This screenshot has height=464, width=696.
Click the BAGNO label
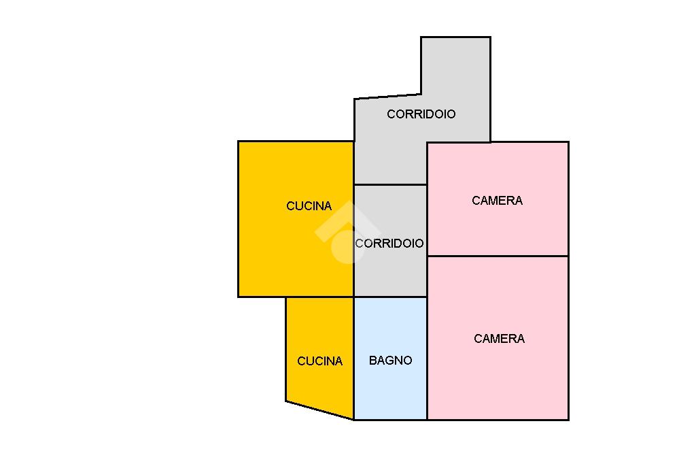tap(390, 361)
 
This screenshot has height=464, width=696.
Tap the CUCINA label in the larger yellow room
tap(309, 206)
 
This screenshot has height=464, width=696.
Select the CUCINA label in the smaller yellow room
tap(319, 361)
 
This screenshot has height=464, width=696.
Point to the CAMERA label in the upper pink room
tap(497, 201)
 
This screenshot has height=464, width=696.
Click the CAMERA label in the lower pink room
tap(499, 339)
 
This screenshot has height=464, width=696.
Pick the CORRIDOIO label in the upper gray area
tap(421, 114)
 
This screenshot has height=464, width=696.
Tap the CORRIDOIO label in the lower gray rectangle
tap(389, 244)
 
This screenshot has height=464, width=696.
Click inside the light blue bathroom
tap(390, 395)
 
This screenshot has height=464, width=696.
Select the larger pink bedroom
tap(498, 381)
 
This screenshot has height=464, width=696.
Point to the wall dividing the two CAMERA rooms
tap(498, 256)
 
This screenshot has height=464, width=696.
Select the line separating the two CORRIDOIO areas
tap(390, 184)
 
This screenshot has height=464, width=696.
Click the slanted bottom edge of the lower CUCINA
tap(319, 410)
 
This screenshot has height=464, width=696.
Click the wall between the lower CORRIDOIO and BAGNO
tap(390, 297)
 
